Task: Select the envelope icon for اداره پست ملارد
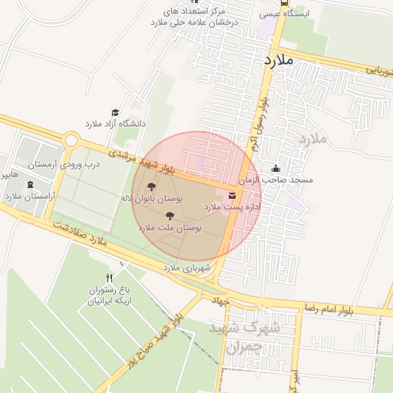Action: [x=233, y=193]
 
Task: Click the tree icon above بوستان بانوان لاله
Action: [x=150, y=187]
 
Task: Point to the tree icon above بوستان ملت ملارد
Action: [x=170, y=216]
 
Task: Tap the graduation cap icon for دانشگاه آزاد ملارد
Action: [x=115, y=112]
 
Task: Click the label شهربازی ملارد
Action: [x=187, y=268]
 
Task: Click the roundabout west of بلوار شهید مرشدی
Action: [x=73, y=140]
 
